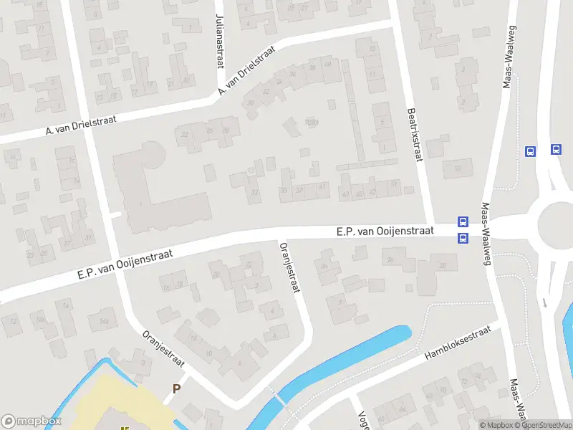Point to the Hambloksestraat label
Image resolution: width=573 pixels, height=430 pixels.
point(457,343)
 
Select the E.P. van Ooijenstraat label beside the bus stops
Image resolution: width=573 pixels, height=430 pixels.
point(385,231)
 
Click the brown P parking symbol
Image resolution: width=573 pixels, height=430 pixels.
point(176,389)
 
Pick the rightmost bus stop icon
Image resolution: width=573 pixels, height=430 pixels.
point(556,150)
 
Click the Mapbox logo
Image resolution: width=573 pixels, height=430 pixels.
point(32,421)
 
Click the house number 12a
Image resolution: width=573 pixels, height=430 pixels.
point(166,287)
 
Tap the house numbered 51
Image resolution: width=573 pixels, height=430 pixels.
point(395,184)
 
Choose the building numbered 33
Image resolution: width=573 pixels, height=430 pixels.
point(254,192)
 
